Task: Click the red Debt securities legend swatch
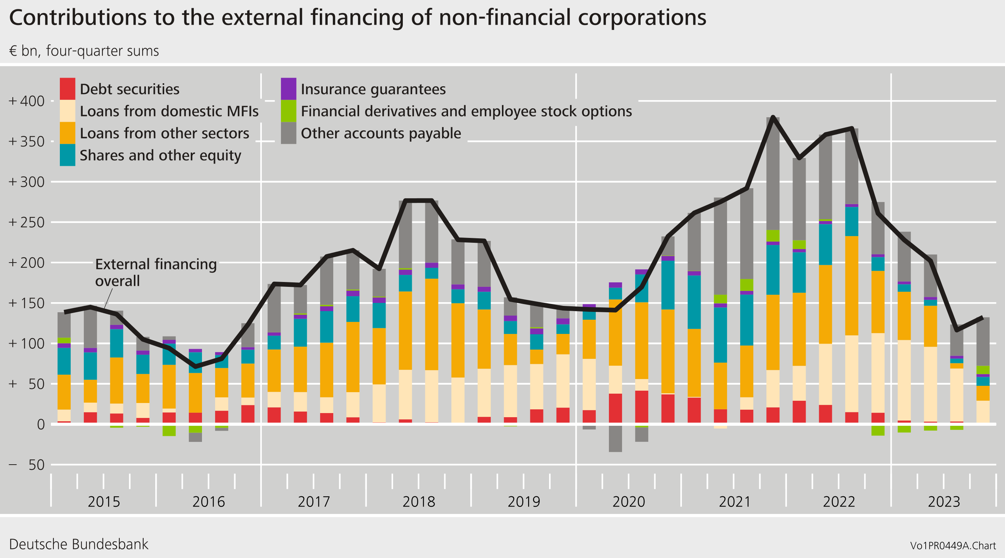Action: (67, 89)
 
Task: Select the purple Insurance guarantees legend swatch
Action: (288, 89)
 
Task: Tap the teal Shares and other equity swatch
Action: (67, 155)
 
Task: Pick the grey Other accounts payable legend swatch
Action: (288, 133)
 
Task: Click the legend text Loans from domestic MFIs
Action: (169, 111)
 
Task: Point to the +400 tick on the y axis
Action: (27, 101)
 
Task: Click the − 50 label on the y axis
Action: (27, 465)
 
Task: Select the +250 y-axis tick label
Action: (27, 223)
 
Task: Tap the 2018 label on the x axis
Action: (419, 502)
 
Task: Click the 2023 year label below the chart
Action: (943, 502)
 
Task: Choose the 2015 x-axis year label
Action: (103, 502)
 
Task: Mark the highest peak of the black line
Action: (773, 117)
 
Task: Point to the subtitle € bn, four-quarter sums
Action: (84, 51)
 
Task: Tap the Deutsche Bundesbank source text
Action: (79, 544)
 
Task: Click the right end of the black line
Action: (983, 317)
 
